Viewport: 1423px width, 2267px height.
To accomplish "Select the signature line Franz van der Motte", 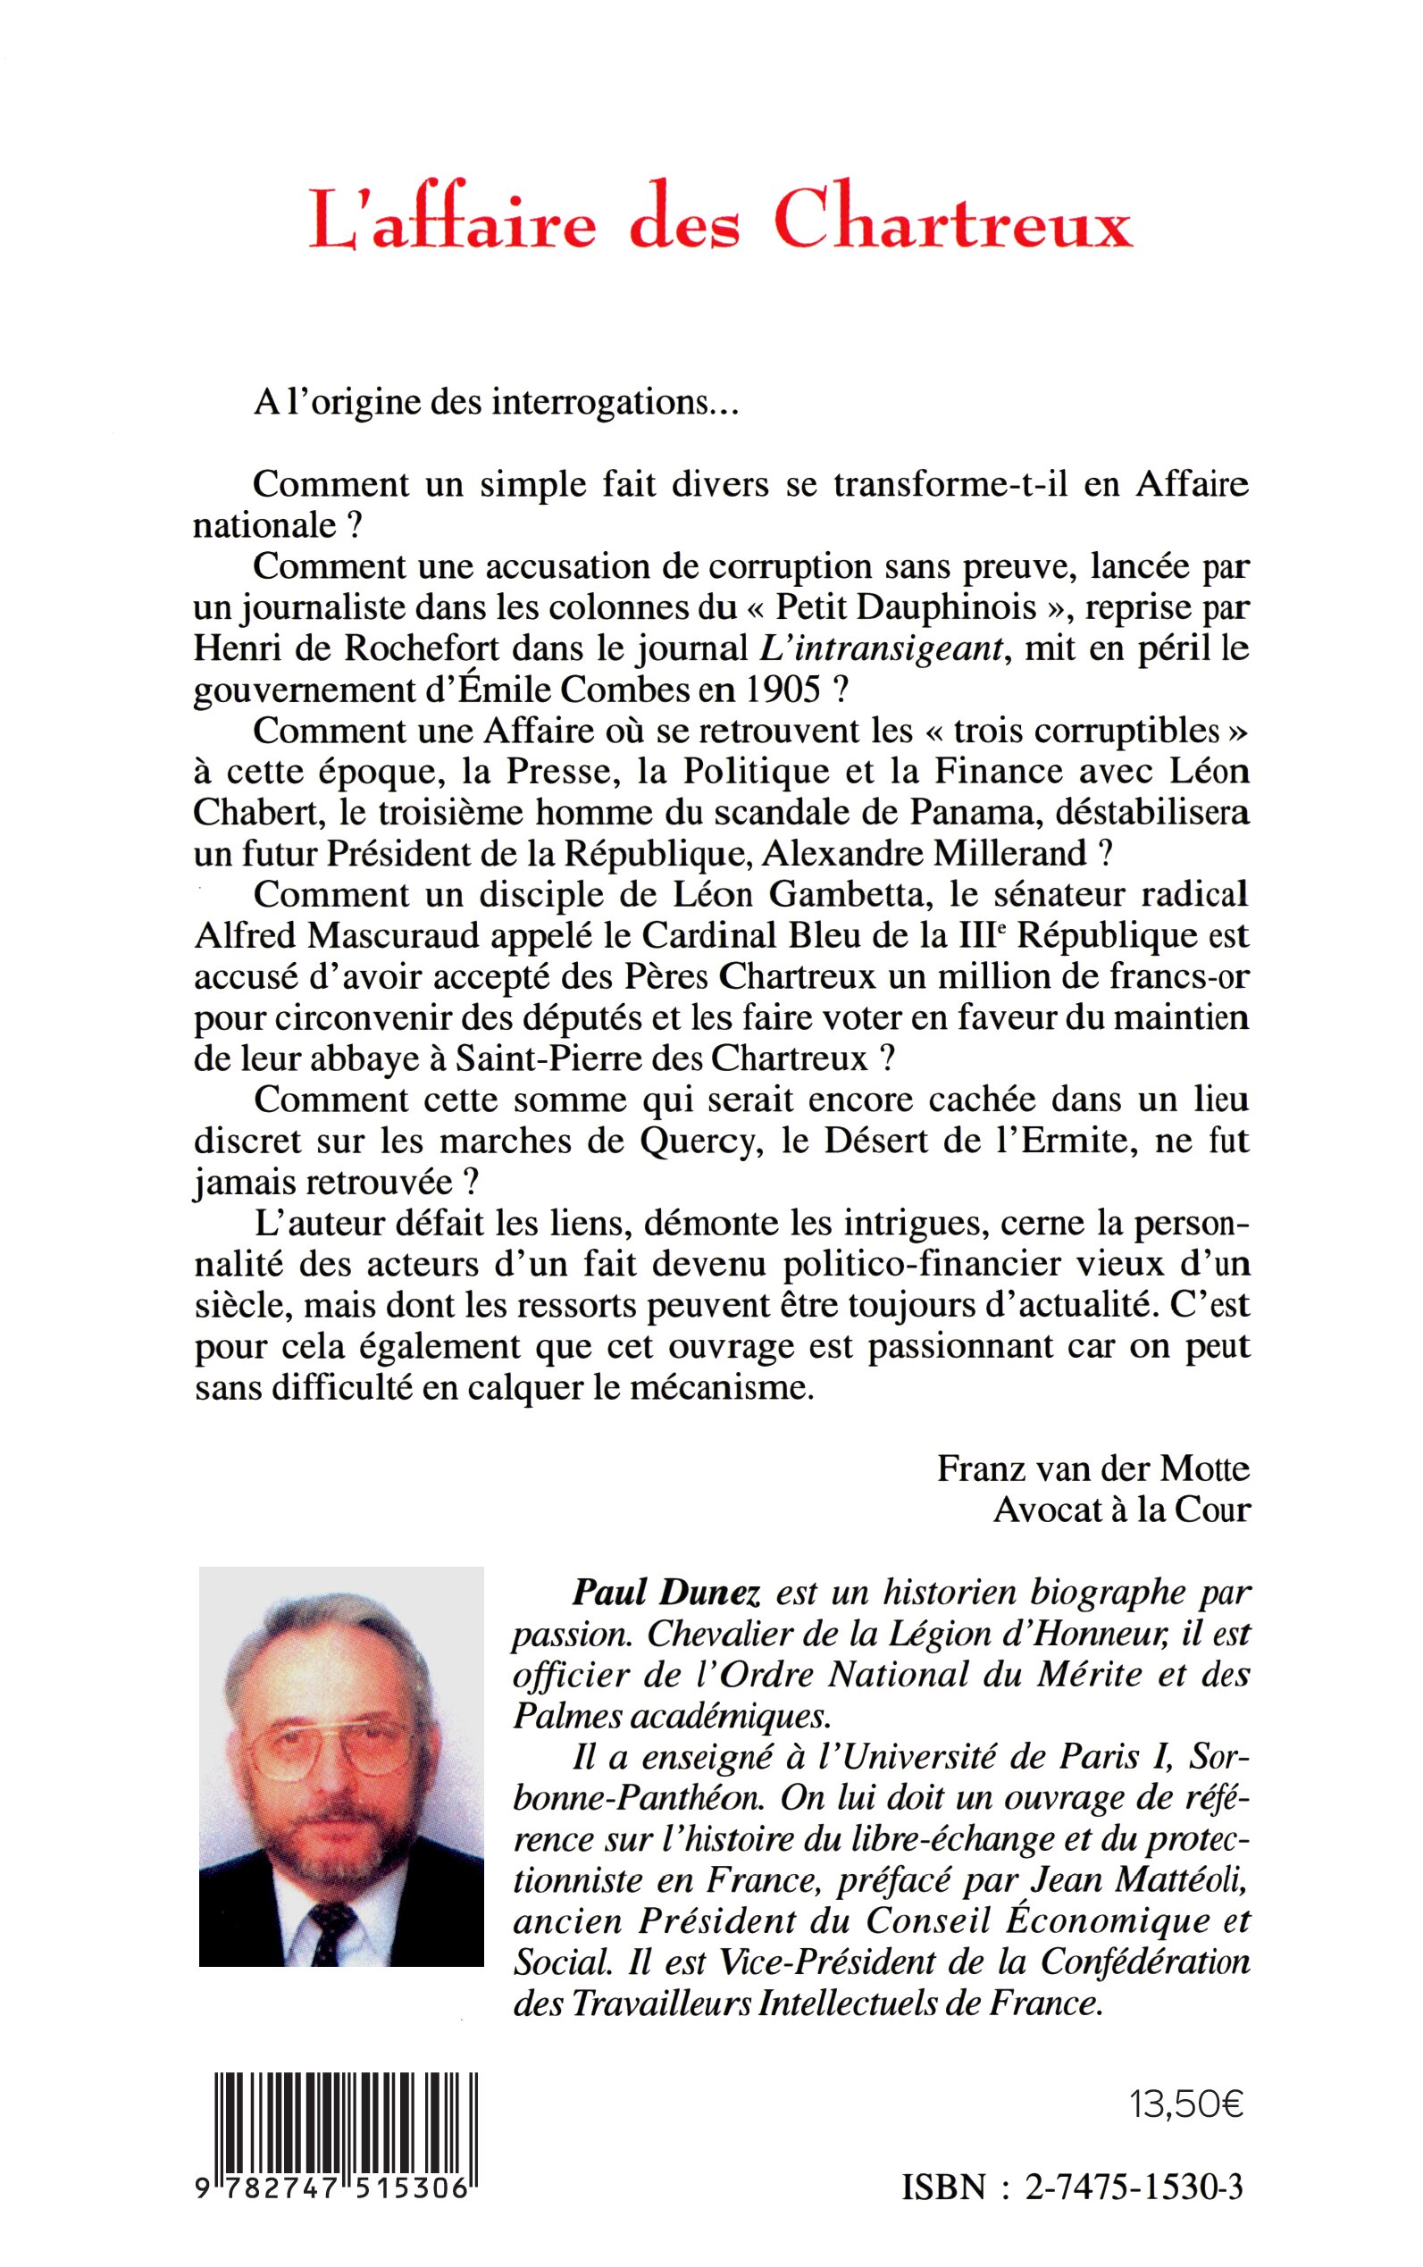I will coord(1092,1469).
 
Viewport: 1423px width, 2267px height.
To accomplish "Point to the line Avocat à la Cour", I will coord(1122,1510).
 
